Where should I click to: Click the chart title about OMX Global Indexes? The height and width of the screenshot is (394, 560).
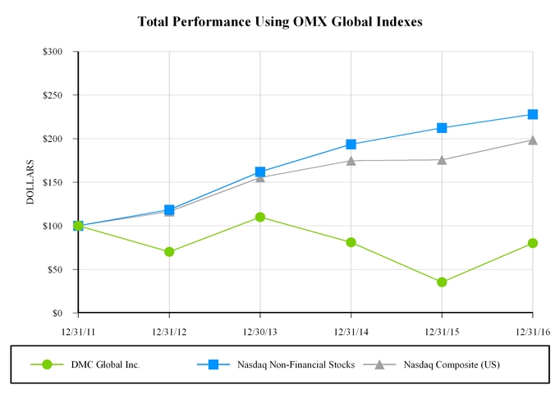pyautogui.click(x=279, y=22)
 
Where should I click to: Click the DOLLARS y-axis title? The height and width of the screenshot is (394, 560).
pyautogui.click(x=30, y=182)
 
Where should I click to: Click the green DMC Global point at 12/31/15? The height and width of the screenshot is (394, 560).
pyautogui.click(x=442, y=282)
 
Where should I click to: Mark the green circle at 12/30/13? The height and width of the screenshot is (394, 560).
pyautogui.click(x=260, y=217)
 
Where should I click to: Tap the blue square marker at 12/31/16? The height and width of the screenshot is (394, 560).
pyautogui.click(x=533, y=114)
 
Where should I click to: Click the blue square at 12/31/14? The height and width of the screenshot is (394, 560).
pyautogui.click(x=351, y=144)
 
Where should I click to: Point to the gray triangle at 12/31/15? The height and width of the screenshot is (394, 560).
pyautogui.click(x=442, y=159)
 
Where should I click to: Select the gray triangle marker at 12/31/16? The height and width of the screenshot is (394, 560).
pyautogui.click(x=533, y=140)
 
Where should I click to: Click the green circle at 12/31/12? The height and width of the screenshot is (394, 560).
pyautogui.click(x=169, y=252)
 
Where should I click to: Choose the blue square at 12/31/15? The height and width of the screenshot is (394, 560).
pyautogui.click(x=442, y=128)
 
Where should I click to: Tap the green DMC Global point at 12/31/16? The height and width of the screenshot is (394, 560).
pyautogui.click(x=533, y=243)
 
